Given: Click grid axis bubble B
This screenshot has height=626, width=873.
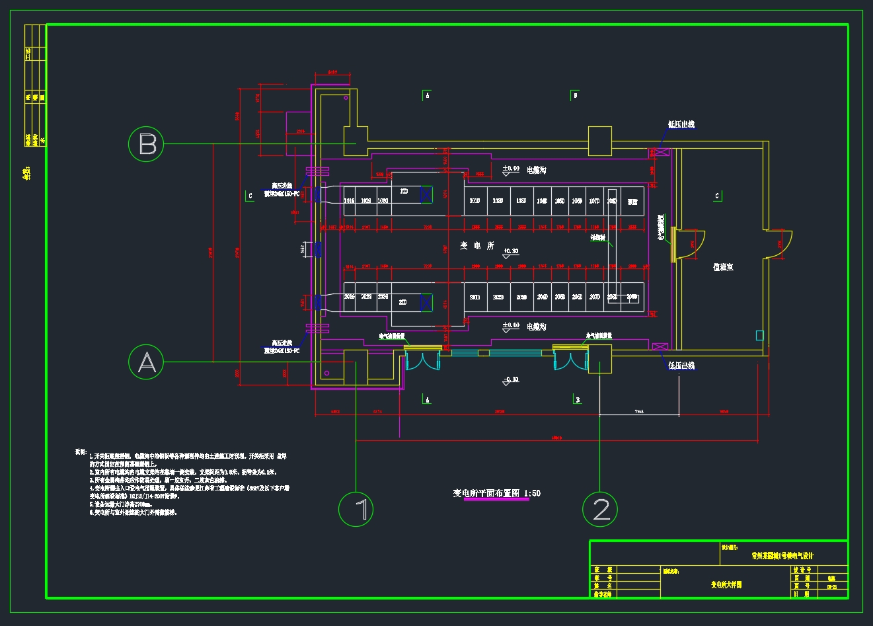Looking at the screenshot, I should pos(146,143).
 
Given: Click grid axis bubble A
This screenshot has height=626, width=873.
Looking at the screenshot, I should pos(146,362).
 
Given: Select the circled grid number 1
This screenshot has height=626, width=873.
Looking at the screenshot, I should pos(356,509).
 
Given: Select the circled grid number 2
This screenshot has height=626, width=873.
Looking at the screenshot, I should pos(600,509).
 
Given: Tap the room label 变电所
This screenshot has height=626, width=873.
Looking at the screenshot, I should pos(477,246).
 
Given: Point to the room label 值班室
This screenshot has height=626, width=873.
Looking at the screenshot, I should pos(723,267).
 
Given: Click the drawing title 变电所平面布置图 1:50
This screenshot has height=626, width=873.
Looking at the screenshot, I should pos(496,493).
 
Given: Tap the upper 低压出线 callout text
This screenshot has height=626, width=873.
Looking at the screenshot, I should pos(681,124).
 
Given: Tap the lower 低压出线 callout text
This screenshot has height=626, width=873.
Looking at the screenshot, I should pos(681,366).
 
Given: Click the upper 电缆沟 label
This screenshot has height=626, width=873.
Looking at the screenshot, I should pos(536,170).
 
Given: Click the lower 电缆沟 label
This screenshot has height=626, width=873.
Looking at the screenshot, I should pos(536,327).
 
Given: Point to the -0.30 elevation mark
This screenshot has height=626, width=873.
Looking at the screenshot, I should pos(511,380).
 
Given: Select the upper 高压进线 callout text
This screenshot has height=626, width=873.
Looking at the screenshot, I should pos(282,186).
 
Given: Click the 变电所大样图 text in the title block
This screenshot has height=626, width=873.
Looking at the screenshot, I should pos(726,585).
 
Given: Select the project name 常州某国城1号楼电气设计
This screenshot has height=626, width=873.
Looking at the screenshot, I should pos(782,556).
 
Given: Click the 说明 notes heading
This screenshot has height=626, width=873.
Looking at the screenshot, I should pos(81,452).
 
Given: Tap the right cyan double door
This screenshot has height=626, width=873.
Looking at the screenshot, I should pos(571,360).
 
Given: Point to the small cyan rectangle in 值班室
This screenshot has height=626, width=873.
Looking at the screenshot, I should pos(760,335).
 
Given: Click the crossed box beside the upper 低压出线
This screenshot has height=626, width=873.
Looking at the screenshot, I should pos(660,152).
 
